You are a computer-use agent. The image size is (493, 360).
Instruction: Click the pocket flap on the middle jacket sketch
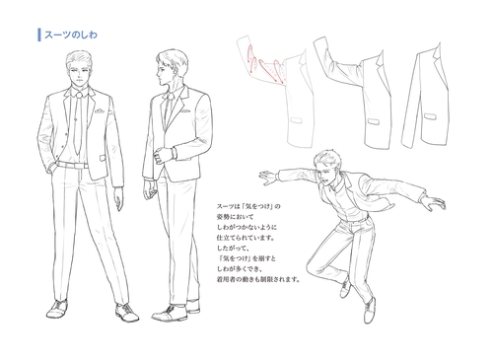[371, 122]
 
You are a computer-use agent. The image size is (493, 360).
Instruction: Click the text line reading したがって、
[237, 250]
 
